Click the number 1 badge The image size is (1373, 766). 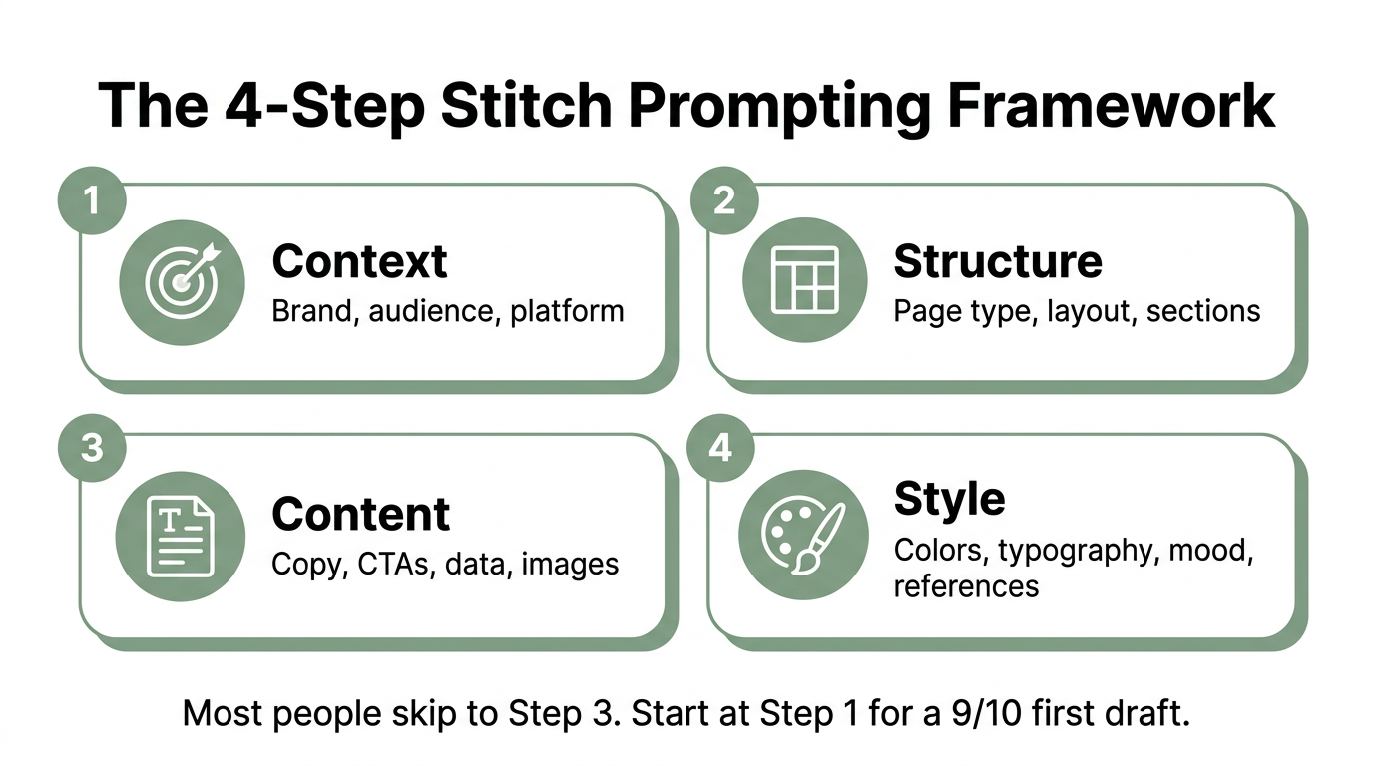point(92,200)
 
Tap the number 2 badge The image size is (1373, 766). point(724,200)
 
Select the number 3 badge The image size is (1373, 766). point(92,448)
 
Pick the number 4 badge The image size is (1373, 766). point(720,448)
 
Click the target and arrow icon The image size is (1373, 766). point(182,281)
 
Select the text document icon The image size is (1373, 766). point(181,538)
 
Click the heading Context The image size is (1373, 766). point(360,262)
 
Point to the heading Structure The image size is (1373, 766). point(998,261)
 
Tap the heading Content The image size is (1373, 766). point(361,515)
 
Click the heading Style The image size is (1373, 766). point(949,498)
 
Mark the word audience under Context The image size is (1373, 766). point(433,311)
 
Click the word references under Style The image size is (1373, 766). point(966,585)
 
